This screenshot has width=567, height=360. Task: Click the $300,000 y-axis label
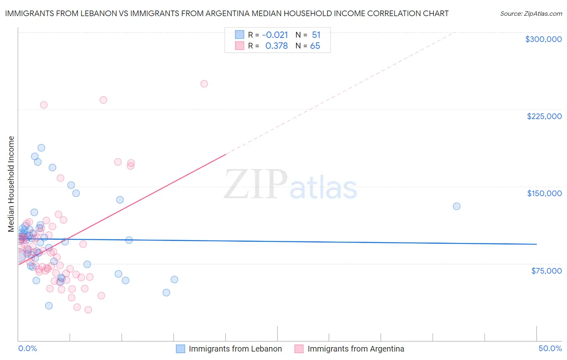543,39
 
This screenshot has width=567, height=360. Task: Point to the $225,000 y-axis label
544,116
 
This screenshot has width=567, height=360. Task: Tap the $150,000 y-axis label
544,193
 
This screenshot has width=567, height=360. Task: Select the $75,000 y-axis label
546,271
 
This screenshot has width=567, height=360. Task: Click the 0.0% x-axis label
27,348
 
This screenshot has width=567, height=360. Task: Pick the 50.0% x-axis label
550,348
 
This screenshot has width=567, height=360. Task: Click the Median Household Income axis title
11,184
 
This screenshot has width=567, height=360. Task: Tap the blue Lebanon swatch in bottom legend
180,349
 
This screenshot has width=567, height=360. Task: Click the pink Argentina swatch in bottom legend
299,349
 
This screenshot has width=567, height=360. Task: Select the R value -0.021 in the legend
275,35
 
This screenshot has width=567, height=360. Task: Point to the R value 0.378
276,46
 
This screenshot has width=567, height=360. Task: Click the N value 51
316,35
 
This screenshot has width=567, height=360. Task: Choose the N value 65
315,46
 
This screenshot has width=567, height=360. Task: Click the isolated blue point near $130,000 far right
457,206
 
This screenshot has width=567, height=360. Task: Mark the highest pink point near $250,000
204,84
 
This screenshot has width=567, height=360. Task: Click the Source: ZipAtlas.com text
531,14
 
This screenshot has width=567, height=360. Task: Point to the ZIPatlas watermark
290,184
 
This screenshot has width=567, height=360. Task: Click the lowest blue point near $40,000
49,306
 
